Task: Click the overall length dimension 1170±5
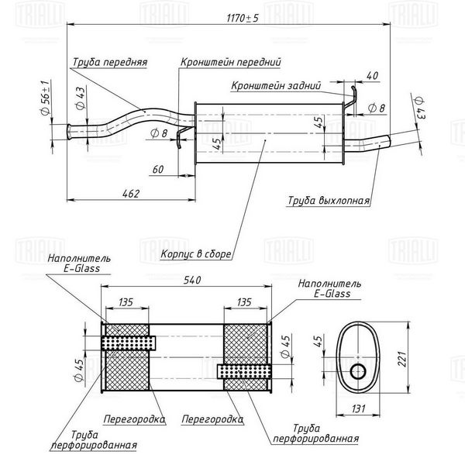pos(243,18)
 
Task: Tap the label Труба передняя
pos(110,62)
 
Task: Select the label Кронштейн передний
pos(230,62)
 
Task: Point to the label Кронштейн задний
pos(276,86)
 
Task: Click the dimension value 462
pos(130,194)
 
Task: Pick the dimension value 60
pos(158,169)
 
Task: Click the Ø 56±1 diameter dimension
pos(45,98)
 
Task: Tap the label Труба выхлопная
pos(329,201)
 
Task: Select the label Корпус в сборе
pos(196,254)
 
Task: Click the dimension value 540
pos(192,280)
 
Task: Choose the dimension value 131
pos(358,408)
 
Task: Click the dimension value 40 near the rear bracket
pos(373,75)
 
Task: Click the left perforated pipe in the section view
pos(129,343)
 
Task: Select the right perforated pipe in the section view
pos(244,371)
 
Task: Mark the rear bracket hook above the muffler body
pos(351,98)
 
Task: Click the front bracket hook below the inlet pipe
pos(181,136)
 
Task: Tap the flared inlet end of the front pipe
pos(70,132)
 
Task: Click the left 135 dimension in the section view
pos(126,302)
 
